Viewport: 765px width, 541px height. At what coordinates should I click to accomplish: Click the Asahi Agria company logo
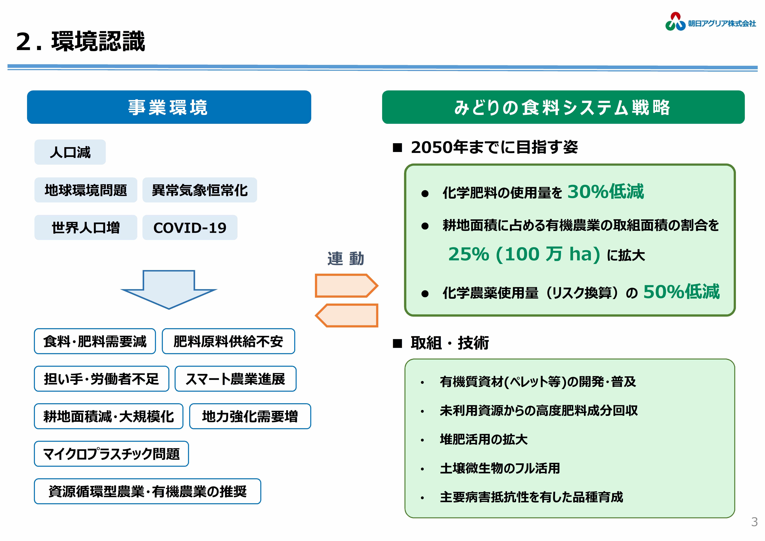710,22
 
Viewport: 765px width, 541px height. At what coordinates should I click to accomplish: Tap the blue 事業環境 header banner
169,107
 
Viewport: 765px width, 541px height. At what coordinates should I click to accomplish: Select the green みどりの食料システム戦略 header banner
563,107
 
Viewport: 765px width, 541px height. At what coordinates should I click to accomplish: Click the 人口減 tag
70,152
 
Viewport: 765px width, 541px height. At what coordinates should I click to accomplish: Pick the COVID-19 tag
190,227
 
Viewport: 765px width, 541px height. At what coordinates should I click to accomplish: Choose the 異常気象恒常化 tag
200,190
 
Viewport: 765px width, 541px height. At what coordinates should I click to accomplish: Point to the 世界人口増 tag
86,227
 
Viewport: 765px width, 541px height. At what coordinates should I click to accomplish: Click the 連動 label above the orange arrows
345,259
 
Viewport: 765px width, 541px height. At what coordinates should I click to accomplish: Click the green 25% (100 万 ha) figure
524,254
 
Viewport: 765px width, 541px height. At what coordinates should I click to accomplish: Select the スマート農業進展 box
236,379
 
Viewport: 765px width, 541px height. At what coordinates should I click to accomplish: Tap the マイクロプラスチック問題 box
111,454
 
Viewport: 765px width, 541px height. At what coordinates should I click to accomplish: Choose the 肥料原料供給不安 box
228,341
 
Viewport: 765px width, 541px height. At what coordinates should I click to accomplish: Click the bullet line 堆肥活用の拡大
483,439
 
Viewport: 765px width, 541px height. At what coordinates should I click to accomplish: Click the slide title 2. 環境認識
81,41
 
